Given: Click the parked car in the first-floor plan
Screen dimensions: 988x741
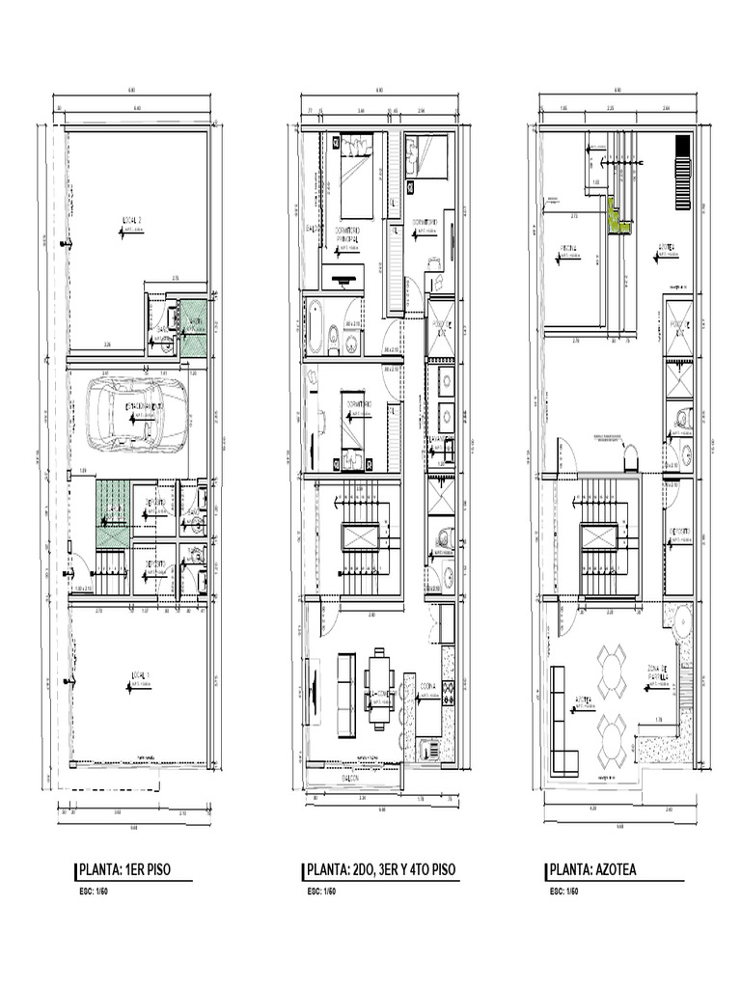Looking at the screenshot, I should point(136,414).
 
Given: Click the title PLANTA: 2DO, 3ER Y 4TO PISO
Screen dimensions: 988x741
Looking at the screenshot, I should point(380,869).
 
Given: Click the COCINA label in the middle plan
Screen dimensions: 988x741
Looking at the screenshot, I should point(429,687).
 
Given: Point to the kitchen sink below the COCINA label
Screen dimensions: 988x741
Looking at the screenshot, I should point(428,748).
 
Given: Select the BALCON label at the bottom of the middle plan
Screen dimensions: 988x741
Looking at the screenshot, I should point(347,777).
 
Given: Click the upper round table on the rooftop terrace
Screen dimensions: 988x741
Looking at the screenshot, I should point(612,672).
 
